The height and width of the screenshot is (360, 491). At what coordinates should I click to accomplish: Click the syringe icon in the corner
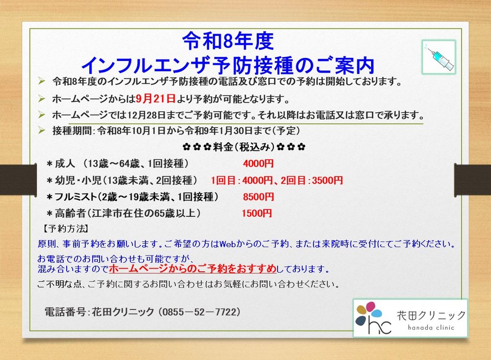coord(439,57)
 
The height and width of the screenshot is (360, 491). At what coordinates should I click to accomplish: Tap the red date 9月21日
coord(156,99)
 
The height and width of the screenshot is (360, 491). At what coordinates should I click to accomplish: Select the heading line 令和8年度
coord(228,41)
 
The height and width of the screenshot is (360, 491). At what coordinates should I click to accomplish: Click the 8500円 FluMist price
coord(258,197)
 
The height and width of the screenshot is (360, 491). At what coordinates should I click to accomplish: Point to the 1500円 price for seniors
coord(257,213)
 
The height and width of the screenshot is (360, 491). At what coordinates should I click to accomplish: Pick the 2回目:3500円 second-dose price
coord(312,180)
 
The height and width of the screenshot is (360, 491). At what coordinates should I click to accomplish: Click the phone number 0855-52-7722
coord(199,312)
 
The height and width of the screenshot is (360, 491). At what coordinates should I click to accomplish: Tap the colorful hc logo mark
coord(373,317)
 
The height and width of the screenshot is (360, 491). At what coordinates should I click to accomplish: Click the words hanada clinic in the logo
coord(431,328)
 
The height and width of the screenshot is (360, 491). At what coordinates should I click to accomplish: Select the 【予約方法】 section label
coord(65,229)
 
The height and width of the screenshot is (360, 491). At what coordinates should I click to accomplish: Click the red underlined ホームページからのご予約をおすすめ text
coord(193,268)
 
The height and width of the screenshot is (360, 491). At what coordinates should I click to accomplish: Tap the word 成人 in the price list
coord(65,163)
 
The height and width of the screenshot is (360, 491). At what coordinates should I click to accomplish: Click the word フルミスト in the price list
coord(75,197)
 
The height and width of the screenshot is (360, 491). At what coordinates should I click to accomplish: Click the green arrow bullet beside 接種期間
coord(41,130)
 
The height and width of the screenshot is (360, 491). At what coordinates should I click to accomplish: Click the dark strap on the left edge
coord(18,180)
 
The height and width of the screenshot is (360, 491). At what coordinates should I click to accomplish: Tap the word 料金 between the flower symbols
coord(223,147)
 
